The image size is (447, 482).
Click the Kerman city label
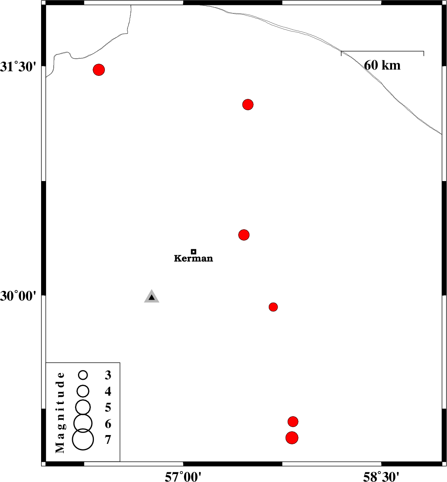coord(193,258)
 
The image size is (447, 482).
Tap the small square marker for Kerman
coord(193,251)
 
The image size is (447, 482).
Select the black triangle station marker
coord(152,296)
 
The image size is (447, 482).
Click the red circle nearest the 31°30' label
coord(99,70)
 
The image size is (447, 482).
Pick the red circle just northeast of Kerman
coord(244,235)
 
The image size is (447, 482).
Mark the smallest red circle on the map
coord(273,307)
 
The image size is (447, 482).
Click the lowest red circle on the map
coord(292,438)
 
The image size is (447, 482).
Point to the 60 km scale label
coord(382,65)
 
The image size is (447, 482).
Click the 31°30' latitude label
coord(18,67)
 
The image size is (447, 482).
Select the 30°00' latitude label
coord(18,296)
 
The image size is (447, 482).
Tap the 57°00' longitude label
coord(183,477)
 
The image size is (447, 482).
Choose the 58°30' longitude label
coord(382,477)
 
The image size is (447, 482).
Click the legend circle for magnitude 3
coord(83,375)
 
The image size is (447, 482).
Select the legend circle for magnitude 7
coord(83,440)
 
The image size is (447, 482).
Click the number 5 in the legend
coord(108,408)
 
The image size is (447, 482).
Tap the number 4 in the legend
coord(108,391)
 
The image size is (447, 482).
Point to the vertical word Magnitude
coord(60,412)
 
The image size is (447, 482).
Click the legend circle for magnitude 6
coord(83,423)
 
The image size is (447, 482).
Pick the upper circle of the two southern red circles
coord(293,422)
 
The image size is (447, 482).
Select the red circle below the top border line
coord(248,104)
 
